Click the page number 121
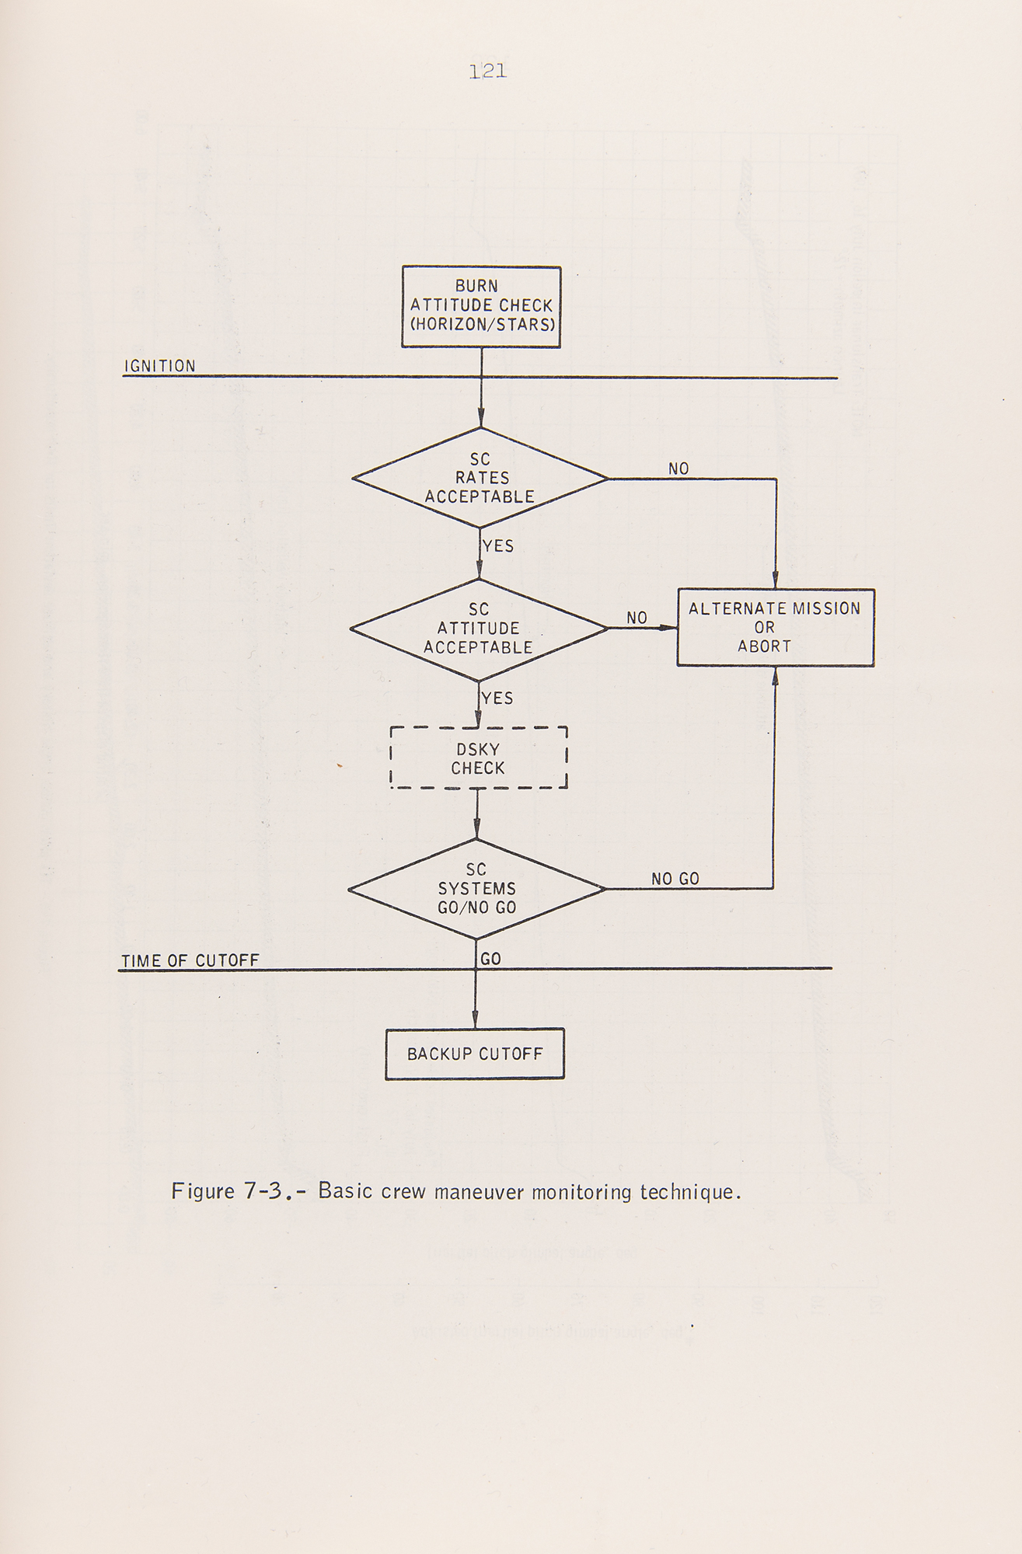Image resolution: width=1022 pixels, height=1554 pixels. click(x=488, y=71)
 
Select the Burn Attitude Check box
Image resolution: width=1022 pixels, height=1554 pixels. click(x=481, y=306)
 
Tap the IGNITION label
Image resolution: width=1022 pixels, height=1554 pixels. click(x=160, y=366)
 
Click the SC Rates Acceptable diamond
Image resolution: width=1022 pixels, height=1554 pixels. click(x=480, y=478)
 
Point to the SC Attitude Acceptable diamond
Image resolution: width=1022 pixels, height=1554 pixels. click(x=478, y=629)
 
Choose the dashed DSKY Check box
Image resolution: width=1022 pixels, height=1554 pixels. click(x=478, y=758)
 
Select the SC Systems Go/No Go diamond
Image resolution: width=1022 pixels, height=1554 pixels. click(x=476, y=889)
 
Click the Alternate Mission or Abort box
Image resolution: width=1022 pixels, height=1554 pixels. click(x=775, y=628)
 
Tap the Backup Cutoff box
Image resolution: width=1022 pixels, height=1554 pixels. click(x=475, y=1054)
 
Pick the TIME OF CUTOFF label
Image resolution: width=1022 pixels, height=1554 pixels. click(x=190, y=961)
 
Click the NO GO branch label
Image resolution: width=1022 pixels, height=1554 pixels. click(x=675, y=879)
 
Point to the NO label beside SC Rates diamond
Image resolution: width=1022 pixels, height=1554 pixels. click(x=678, y=469)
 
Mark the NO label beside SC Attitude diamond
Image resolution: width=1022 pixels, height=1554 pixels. click(x=637, y=618)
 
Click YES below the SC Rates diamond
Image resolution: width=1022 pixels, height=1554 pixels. click(x=498, y=546)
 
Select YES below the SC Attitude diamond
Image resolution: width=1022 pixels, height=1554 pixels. click(x=497, y=699)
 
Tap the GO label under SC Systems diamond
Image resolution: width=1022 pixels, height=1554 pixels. click(x=490, y=960)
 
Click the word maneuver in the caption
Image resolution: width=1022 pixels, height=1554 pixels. click(x=480, y=1191)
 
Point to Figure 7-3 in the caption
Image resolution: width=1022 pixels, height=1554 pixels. click(x=225, y=1191)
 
